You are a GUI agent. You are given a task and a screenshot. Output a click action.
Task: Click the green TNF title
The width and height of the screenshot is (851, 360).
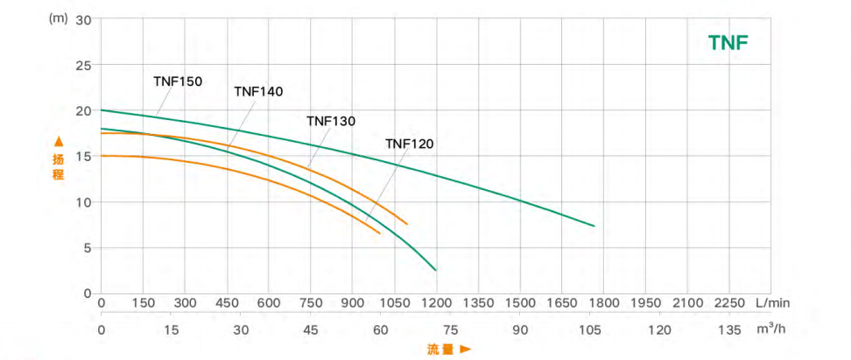(728, 43)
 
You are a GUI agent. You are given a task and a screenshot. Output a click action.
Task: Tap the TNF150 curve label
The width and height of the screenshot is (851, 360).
(178, 81)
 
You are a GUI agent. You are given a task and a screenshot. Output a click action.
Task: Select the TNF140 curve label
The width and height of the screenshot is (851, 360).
(258, 91)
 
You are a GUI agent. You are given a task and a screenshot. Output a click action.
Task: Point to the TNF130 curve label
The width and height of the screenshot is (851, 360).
(331, 122)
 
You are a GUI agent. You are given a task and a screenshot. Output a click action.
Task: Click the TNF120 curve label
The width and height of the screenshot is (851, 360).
(410, 144)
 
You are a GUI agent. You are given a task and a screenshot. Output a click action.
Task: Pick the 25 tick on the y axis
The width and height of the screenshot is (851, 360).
(84, 65)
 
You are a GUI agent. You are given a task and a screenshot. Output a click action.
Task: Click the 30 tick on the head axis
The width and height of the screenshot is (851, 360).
(84, 19)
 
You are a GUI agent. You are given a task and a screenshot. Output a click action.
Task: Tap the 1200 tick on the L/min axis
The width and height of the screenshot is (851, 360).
(436, 303)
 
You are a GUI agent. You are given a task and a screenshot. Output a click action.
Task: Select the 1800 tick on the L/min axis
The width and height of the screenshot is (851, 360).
(603, 303)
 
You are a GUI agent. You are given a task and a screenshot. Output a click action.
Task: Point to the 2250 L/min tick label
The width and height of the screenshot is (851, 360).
(728, 303)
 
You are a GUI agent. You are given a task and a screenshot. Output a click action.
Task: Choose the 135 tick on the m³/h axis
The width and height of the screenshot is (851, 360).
(728, 329)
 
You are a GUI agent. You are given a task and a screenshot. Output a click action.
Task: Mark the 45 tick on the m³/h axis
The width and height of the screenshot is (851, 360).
(311, 329)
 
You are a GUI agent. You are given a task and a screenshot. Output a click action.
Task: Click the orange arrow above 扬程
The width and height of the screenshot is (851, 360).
(59, 140)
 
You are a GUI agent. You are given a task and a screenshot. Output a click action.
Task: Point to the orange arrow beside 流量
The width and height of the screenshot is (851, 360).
(466, 349)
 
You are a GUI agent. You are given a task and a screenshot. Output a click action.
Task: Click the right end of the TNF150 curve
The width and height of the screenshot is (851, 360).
(594, 226)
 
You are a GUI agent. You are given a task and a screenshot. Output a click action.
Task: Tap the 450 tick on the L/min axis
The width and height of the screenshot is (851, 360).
(227, 303)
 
